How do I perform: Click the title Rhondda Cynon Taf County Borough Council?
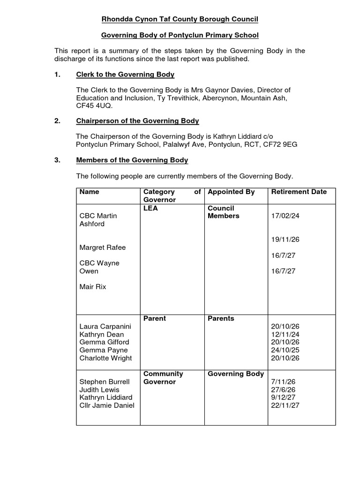tap(180, 19)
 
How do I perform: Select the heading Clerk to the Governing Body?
tap(125, 74)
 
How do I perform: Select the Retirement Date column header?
tap(299, 192)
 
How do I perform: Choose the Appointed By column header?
tap(231, 192)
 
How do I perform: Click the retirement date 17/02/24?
tap(285, 216)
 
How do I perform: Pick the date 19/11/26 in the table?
tap(285, 240)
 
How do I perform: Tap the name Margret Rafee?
tap(103, 247)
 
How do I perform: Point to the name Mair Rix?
tap(93, 286)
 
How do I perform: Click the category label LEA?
tap(150, 208)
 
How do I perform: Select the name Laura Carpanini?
tap(105, 326)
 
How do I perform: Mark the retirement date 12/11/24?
tap(285, 334)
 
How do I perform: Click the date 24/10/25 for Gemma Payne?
tap(285, 350)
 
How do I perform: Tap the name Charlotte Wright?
tap(105, 358)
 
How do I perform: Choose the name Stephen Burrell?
tap(105, 382)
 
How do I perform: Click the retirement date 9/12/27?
tap(283, 397)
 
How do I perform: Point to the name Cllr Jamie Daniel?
tap(107, 405)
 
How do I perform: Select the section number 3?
tap(57, 160)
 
